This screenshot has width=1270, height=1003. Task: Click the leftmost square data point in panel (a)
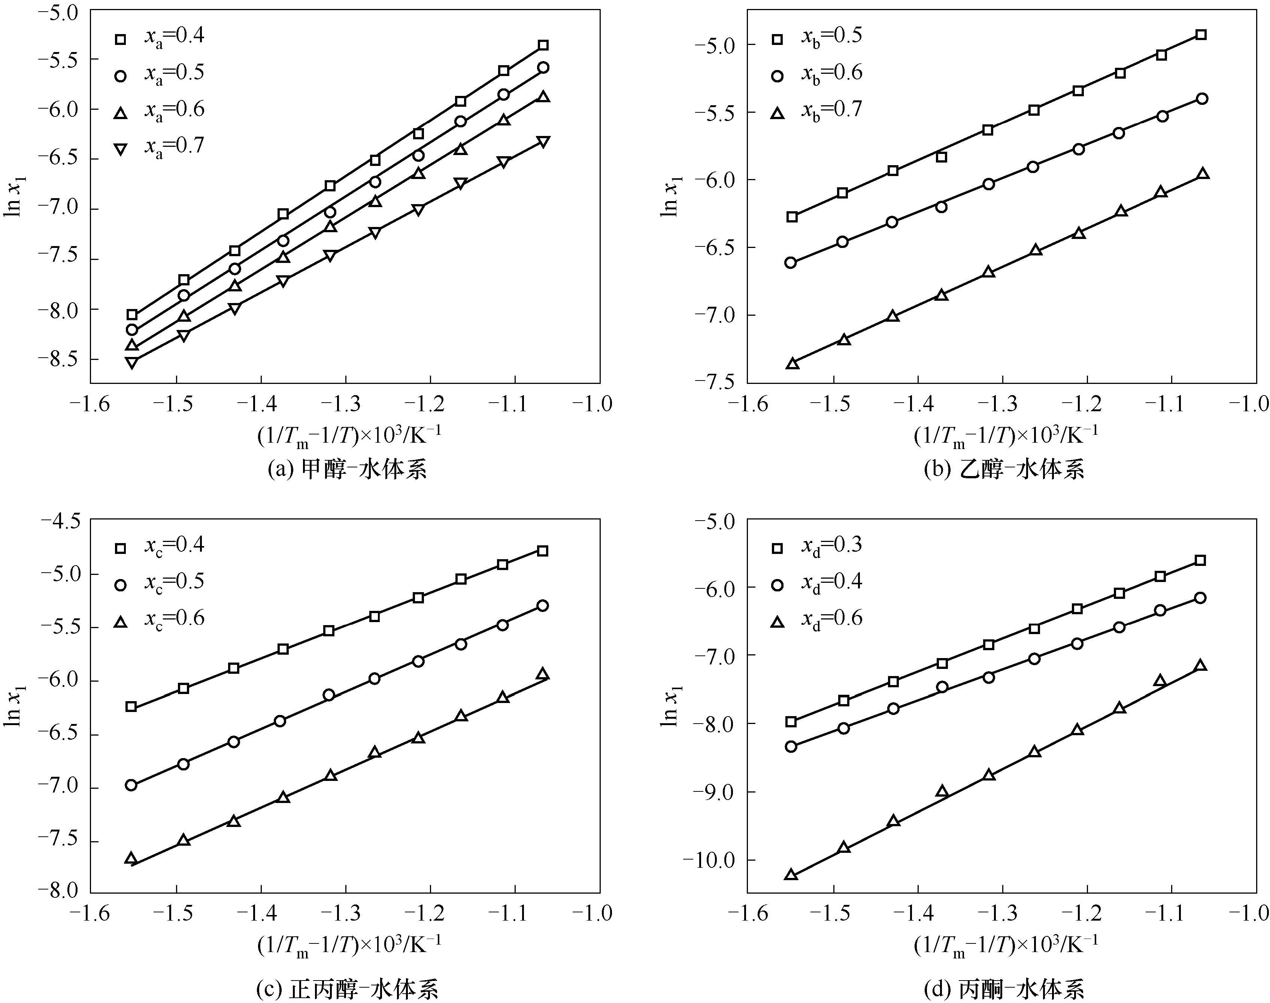pos(132,315)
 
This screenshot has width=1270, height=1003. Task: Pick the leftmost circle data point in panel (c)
pos(131,785)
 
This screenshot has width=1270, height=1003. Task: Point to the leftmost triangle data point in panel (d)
pos(791,875)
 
